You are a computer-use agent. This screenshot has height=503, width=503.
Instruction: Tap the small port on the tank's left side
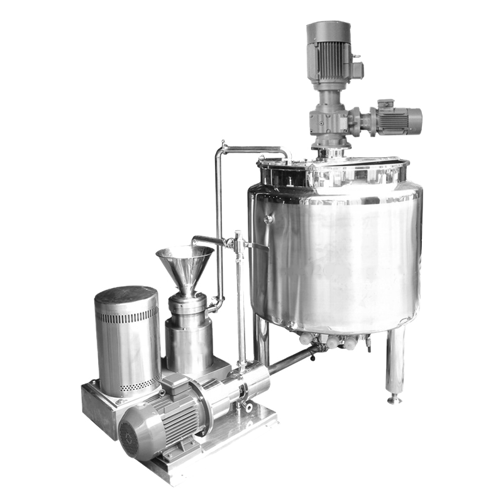click(269, 218)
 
